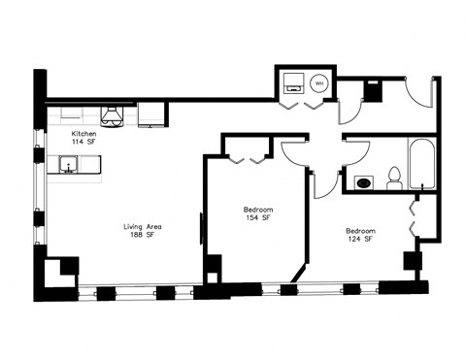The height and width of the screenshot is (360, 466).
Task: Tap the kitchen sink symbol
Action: [70, 167]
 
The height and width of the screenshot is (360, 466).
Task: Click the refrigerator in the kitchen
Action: [151, 115]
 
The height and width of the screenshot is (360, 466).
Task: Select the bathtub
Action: [423, 166]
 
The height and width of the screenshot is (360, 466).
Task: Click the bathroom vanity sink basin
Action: [364, 181]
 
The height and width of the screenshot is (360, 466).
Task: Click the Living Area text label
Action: [142, 229]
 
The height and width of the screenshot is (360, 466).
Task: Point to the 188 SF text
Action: [142, 239]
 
